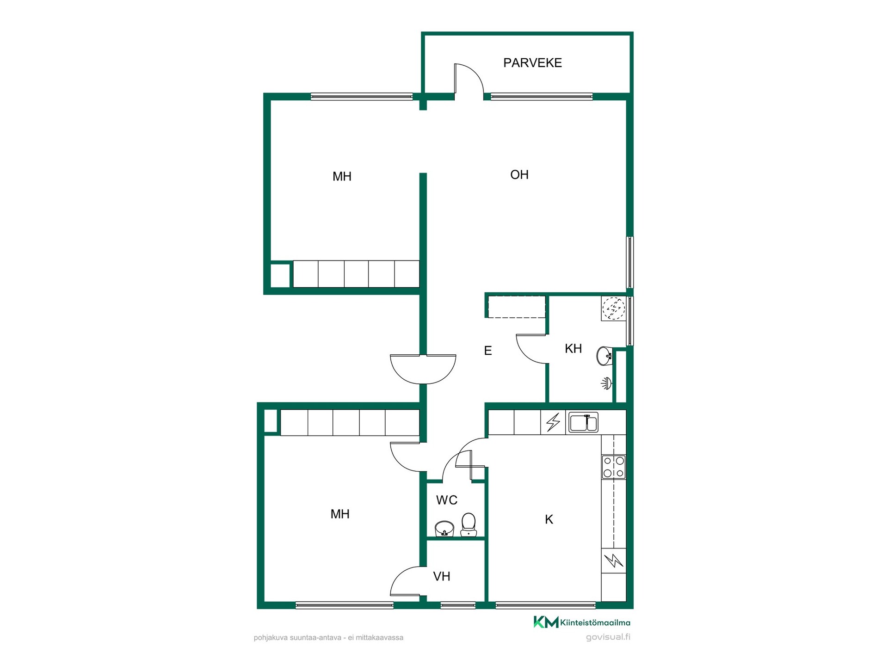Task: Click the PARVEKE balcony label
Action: [532, 63]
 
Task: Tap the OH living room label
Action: [519, 175]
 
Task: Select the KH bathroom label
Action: [573, 349]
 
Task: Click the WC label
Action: [446, 500]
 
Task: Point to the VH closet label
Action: [441, 576]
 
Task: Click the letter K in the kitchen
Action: [549, 519]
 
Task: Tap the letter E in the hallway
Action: [487, 351]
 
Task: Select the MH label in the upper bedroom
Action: [342, 176]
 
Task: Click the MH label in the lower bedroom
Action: [340, 514]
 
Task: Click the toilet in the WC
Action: [469, 524]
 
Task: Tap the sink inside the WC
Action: [444, 529]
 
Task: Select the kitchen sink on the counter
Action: [583, 422]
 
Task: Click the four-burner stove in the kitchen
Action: [613, 467]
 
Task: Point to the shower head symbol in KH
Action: [606, 383]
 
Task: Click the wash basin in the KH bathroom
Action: [604, 357]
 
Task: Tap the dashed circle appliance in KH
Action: [613, 308]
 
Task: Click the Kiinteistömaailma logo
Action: [582, 623]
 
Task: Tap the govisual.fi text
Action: [608, 637]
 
